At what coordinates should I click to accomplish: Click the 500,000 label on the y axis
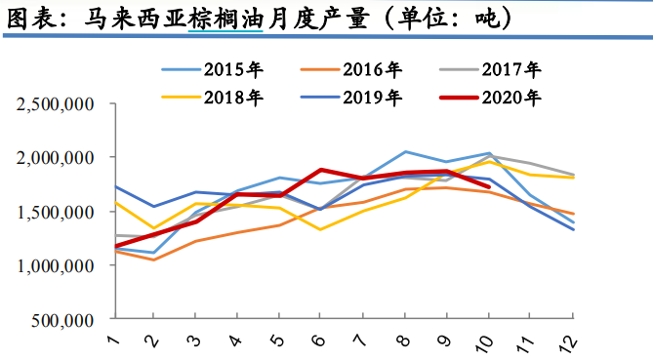(60, 320)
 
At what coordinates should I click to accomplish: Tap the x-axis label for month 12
(571, 341)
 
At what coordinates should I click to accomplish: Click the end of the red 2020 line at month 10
(488, 186)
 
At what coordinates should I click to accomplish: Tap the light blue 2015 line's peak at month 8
(405, 151)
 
